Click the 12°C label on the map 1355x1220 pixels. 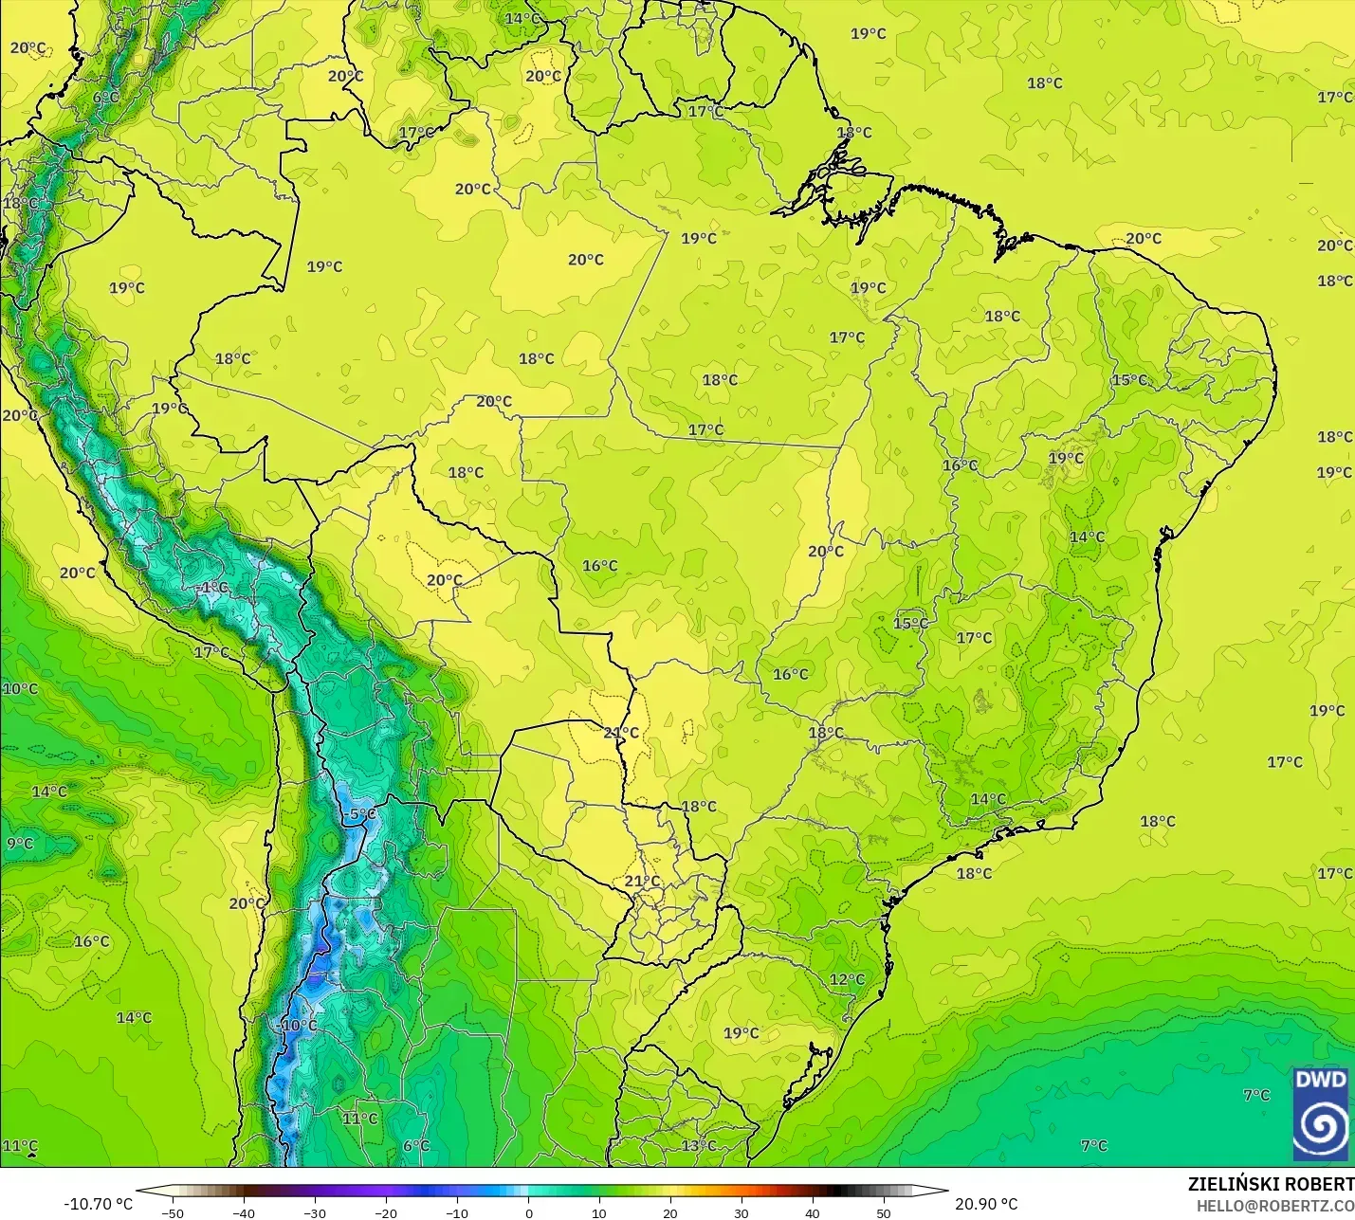coord(847,979)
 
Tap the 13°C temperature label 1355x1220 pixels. coord(699,1145)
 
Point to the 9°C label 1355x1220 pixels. coord(19,844)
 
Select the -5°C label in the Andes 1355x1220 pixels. coord(360,813)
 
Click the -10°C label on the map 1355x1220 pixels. coord(298,1026)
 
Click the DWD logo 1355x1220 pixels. coord(1320,1114)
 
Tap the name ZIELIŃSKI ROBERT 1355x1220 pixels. coord(1271,1184)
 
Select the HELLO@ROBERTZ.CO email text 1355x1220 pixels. coord(1274,1206)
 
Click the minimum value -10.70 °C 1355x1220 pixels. coord(98,1204)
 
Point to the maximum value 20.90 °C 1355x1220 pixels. coord(986,1204)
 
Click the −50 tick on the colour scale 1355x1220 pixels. coord(173,1212)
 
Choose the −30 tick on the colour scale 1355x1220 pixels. coord(315,1212)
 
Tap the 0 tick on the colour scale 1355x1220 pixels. coord(528,1212)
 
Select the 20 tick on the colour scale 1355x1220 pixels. coord(670,1212)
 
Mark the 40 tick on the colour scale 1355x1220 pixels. coord(813,1212)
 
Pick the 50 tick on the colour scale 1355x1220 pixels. coord(884,1212)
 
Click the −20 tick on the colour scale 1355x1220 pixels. coord(386,1212)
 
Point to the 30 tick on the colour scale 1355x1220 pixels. coord(742,1212)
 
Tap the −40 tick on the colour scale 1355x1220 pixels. coord(244,1212)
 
